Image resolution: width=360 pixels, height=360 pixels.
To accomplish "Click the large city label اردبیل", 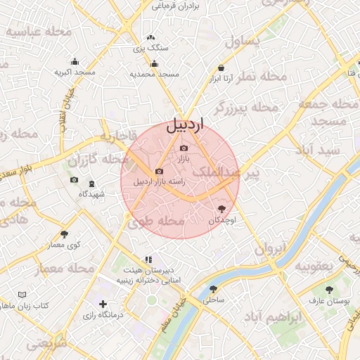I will pyautogui.click(x=184, y=126).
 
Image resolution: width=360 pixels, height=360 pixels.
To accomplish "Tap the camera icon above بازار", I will pyautogui.click(x=184, y=148).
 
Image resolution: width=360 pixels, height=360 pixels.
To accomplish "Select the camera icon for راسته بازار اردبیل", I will pyautogui.click(x=159, y=171).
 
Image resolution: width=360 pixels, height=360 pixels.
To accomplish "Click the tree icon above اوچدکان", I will pyautogui.click(x=222, y=209).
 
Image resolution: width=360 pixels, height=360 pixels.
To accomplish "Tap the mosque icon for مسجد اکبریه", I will pyautogui.click(x=75, y=61).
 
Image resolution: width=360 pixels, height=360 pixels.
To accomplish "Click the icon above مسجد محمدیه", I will pyautogui.click(x=155, y=64).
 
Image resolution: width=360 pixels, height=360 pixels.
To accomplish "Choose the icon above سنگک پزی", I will pyautogui.click(x=150, y=38).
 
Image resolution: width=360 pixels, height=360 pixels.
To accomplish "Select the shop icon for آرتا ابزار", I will pyautogui.click(x=221, y=68).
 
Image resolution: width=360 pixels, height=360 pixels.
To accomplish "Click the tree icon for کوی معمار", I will pyautogui.click(x=65, y=234).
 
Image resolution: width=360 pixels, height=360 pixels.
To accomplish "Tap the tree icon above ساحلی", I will pyautogui.click(x=213, y=289).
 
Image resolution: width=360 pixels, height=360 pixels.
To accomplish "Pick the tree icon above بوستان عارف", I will pyautogui.click(x=328, y=290).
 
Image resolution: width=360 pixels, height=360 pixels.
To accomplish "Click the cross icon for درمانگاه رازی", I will pyautogui.click(x=103, y=304).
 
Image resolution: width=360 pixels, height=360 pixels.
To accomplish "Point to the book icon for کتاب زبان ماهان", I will pyautogui.click(x=22, y=294).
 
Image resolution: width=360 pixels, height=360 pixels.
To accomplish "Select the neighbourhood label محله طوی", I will pyautogui.click(x=156, y=221).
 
